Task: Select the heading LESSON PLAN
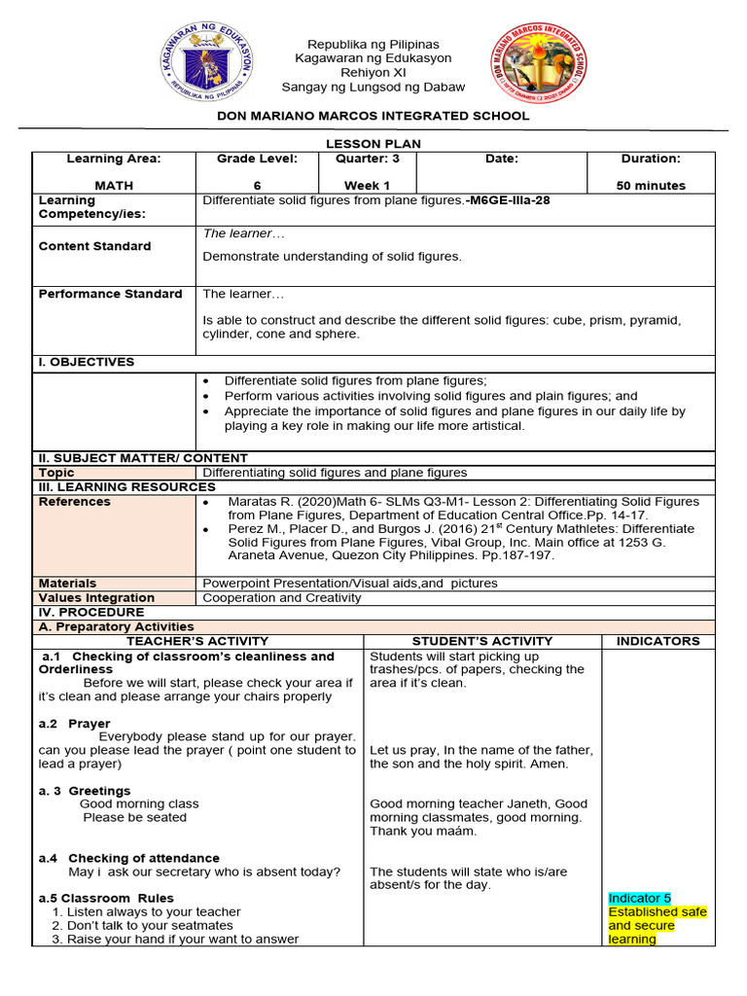coord(373,143)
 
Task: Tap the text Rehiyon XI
coord(373,72)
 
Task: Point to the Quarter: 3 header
coord(367,159)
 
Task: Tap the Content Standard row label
coord(94,246)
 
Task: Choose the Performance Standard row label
coord(110,294)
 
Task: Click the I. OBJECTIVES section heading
coord(87,362)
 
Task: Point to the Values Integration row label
coord(96,597)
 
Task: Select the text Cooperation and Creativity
coord(281,597)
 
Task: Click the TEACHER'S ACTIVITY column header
coord(197,641)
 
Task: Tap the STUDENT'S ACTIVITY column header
coord(481,641)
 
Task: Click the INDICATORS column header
coord(658,641)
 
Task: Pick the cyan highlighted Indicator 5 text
coord(639,898)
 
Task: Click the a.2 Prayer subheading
coord(75,724)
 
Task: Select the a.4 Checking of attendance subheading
coord(129,858)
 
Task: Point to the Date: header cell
coord(502,159)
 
